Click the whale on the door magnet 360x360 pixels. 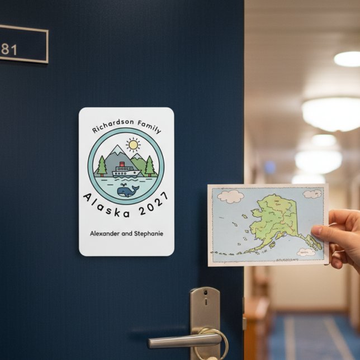coord(128,191)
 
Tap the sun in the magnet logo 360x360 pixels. coord(133,145)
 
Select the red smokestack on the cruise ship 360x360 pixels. coord(121,164)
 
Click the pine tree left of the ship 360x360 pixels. coord(101,166)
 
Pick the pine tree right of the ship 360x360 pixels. coord(150,166)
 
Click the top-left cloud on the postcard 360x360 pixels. coord(230,196)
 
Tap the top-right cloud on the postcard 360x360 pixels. coord(312,194)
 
